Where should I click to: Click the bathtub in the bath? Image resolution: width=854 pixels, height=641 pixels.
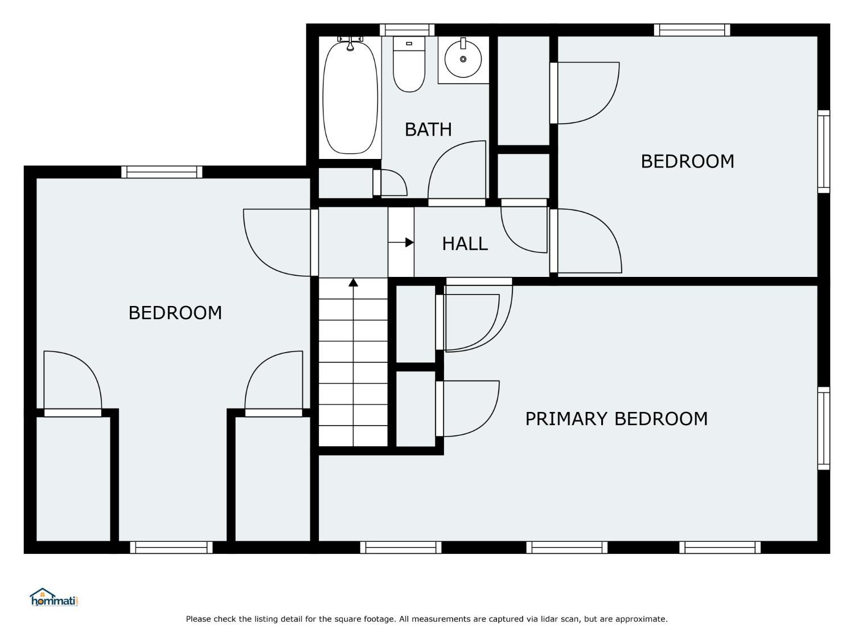tap(350, 98)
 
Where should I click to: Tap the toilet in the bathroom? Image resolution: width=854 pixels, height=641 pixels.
tap(409, 64)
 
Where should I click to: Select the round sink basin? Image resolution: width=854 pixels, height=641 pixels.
tap(463, 59)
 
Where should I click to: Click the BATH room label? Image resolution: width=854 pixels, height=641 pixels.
tap(428, 129)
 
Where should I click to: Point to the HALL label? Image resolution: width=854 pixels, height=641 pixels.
tap(465, 244)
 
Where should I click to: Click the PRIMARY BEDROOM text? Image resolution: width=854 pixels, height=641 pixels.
tap(616, 419)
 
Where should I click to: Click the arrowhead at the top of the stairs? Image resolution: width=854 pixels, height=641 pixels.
tap(353, 282)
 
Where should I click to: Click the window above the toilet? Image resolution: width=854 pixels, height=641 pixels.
tap(407, 30)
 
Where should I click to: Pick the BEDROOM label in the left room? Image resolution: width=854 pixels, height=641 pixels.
tap(175, 313)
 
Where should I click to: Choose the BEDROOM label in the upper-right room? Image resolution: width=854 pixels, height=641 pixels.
tap(688, 161)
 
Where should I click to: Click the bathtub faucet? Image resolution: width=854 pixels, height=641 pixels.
tap(350, 43)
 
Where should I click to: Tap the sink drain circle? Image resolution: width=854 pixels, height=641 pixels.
tap(463, 59)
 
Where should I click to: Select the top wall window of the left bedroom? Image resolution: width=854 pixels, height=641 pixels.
tap(162, 172)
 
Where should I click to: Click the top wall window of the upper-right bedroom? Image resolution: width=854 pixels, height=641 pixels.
tap(692, 30)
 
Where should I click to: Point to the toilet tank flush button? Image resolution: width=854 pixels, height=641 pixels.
tap(409, 44)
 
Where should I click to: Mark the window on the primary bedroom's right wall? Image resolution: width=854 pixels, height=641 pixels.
tap(824, 428)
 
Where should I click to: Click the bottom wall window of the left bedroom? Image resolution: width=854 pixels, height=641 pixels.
tap(171, 548)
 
